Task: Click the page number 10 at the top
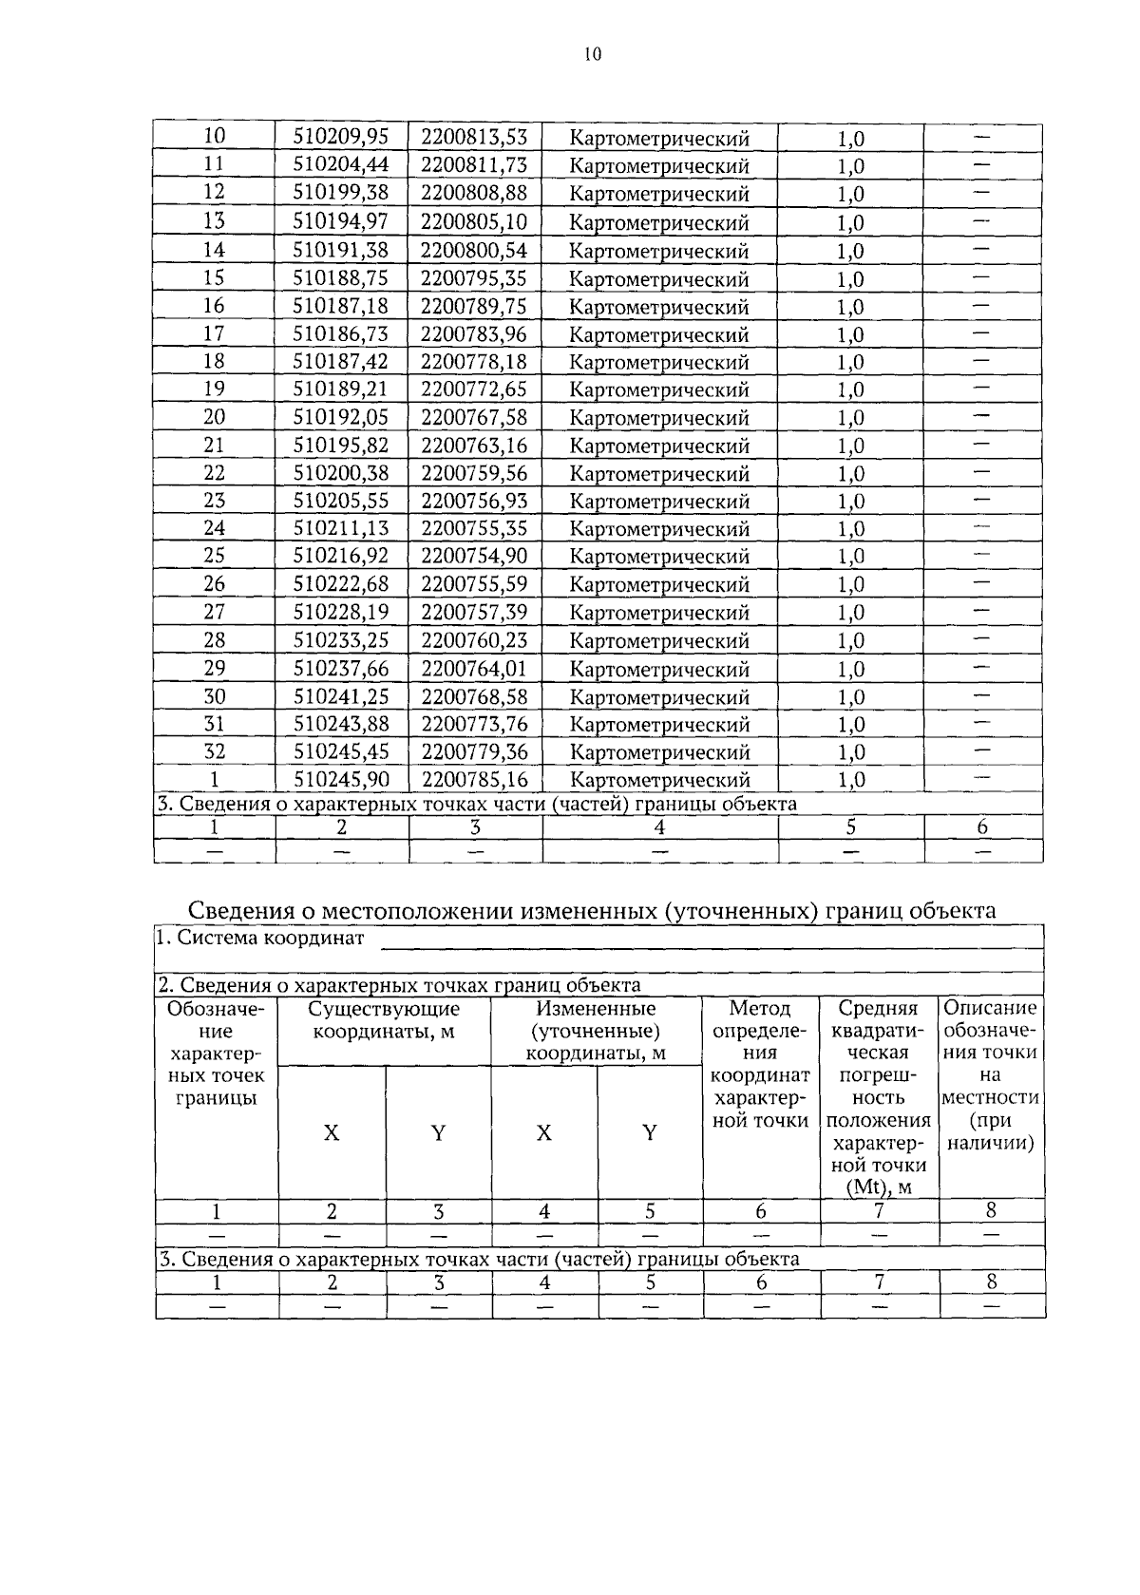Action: coord(592,55)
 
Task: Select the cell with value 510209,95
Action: coord(341,137)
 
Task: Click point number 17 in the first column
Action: coord(215,333)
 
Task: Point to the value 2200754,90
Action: coord(474,556)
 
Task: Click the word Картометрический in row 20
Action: coord(659,418)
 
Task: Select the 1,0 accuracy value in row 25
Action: coord(850,557)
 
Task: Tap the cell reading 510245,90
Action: coord(341,780)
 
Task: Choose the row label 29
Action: coord(215,668)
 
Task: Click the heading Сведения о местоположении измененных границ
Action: coord(592,911)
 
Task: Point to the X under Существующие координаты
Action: coord(332,1133)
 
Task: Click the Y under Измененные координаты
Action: coord(650,1133)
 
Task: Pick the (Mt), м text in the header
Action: coord(879,1187)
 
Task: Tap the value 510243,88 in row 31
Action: coord(341,724)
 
